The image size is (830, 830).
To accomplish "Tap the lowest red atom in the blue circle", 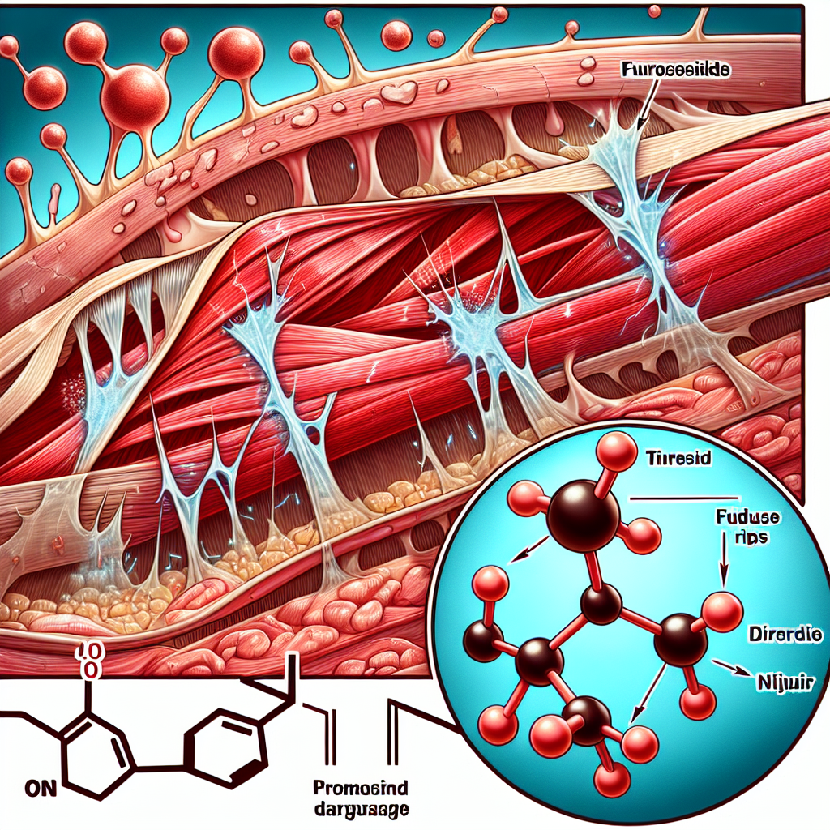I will click(x=612, y=781).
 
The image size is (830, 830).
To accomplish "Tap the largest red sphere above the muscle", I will click(x=135, y=96).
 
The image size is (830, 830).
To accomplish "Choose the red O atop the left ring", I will click(x=89, y=670).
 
